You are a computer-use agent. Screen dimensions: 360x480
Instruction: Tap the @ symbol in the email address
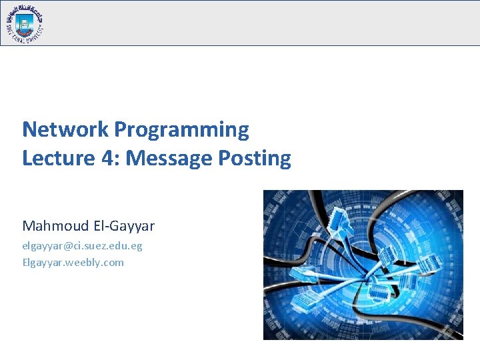click(68, 246)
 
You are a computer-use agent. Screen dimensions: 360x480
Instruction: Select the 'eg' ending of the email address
click(137, 246)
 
